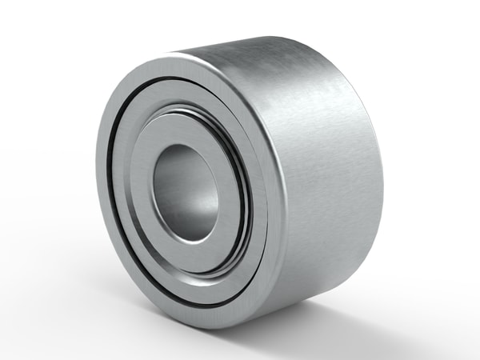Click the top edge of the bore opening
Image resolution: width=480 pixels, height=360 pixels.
(x=187, y=145)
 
